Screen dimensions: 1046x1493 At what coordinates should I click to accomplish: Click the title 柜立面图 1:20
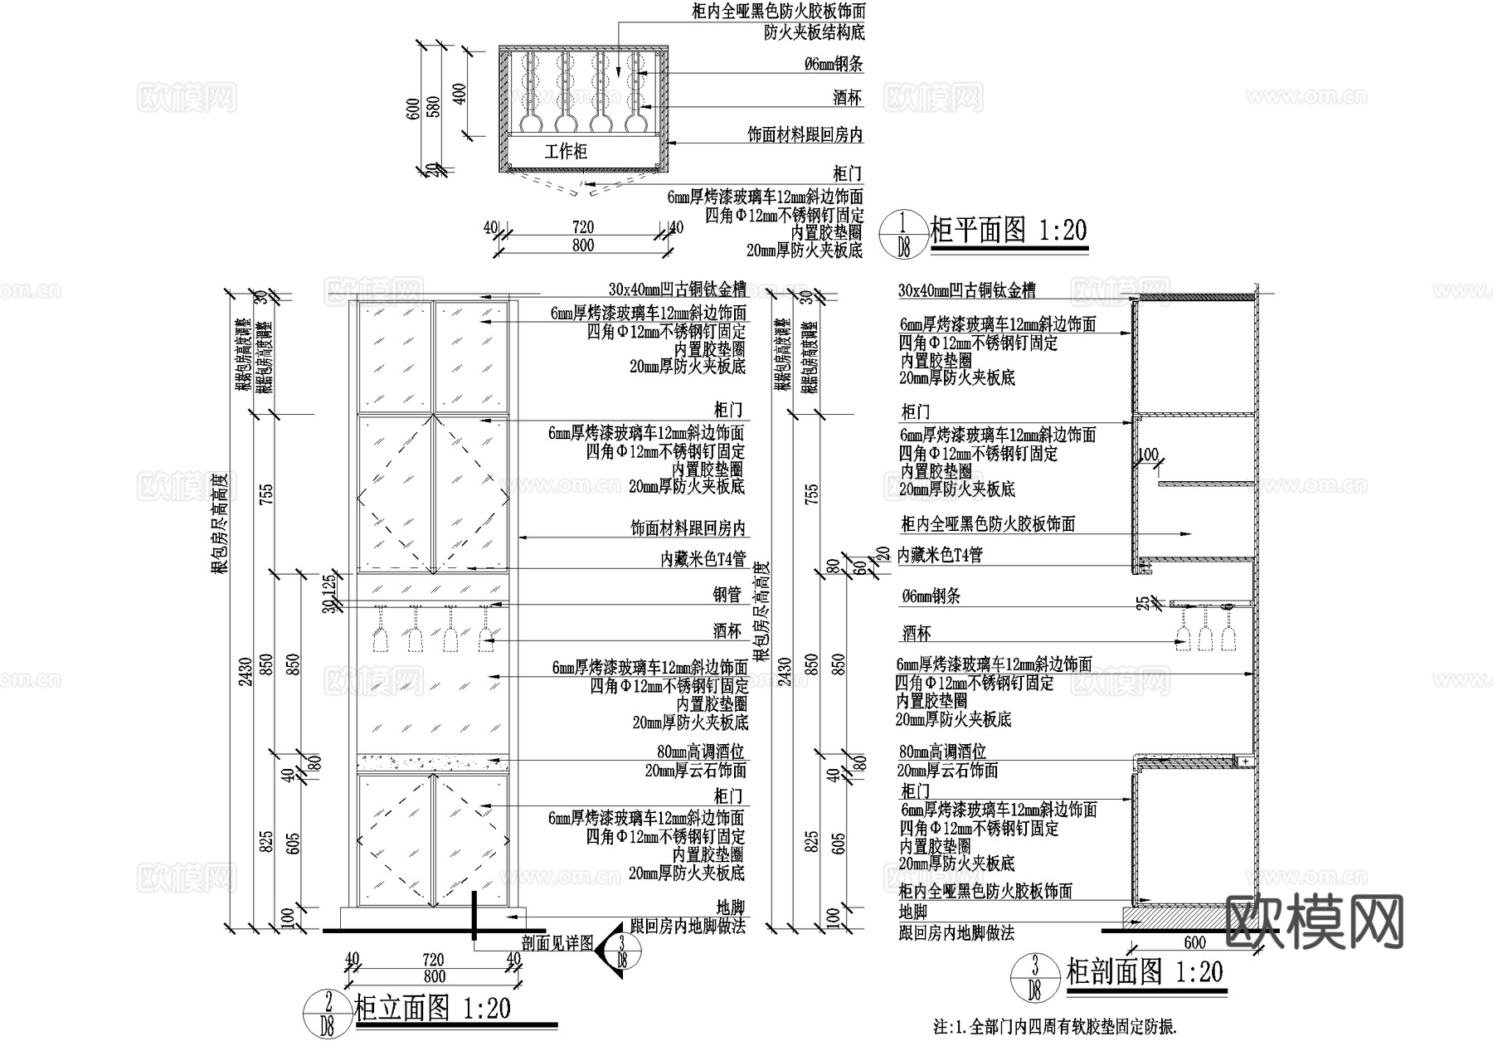pos(432,1009)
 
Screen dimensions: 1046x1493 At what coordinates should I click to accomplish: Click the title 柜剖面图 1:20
pos(1145,971)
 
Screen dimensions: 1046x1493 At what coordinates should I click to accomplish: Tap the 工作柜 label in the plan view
pos(566,152)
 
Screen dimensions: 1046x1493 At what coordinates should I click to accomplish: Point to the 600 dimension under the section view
pos(1194,942)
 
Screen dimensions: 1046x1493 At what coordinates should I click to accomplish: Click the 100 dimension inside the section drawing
pos(1148,455)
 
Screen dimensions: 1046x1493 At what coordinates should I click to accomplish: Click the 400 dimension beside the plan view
pos(461,91)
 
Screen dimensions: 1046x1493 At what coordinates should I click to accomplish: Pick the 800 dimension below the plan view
pos(583,245)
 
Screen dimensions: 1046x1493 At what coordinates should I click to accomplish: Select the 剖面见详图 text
pos(557,943)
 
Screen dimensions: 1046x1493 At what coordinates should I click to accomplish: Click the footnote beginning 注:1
pos(1055,1027)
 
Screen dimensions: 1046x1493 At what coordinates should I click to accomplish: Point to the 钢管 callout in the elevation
pos(727,594)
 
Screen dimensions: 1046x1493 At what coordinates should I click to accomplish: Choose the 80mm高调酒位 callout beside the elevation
pos(701,752)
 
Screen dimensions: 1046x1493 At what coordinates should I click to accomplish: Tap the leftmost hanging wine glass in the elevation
pos(380,637)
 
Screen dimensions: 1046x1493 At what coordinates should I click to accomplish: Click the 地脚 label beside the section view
pos(913,912)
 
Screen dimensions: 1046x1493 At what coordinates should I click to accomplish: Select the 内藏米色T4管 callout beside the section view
pos(941,555)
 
